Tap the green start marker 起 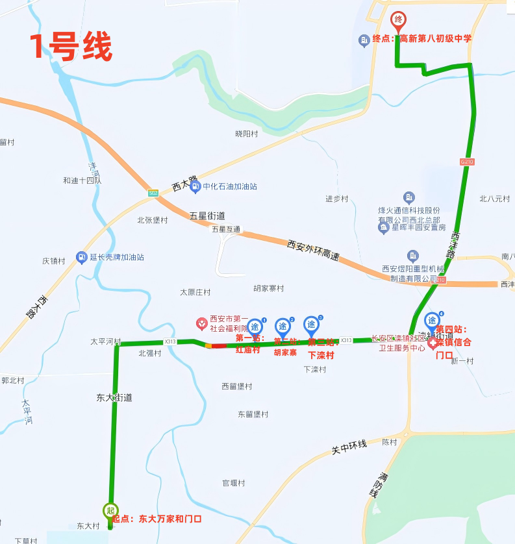click(110, 510)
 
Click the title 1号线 click(71, 47)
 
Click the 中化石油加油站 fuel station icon click(195, 187)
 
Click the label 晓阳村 click(247, 134)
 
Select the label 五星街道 click(207, 216)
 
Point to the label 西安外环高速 click(313, 251)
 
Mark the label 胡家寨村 click(269, 288)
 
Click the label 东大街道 click(114, 397)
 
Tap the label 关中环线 click(349, 447)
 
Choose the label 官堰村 click(234, 483)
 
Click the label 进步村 click(337, 199)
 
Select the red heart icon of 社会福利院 click(202, 323)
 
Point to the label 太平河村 click(106, 341)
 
